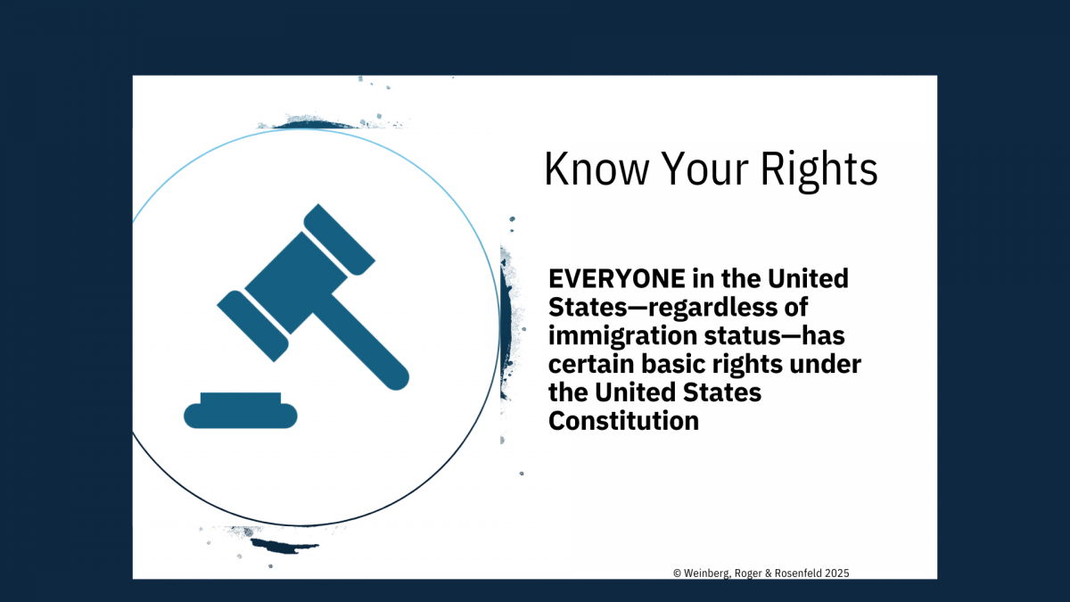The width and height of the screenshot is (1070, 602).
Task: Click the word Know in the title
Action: (x=597, y=169)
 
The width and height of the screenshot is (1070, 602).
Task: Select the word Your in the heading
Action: (x=704, y=169)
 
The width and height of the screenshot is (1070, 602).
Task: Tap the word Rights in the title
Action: (x=819, y=171)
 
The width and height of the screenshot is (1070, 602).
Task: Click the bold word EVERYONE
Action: (x=617, y=278)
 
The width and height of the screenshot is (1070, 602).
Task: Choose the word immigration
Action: (x=623, y=336)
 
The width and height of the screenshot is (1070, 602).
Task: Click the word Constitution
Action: (x=623, y=421)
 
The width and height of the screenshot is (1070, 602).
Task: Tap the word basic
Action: (x=673, y=364)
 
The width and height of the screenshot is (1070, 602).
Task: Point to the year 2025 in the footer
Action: (x=837, y=573)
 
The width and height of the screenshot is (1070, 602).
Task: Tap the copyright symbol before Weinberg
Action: (x=677, y=573)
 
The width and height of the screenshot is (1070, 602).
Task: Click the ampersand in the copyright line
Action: (x=769, y=573)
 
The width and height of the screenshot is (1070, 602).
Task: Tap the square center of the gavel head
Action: (x=296, y=283)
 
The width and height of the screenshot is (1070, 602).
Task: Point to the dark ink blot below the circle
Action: (x=284, y=546)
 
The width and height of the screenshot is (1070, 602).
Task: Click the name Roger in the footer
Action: (x=748, y=573)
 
